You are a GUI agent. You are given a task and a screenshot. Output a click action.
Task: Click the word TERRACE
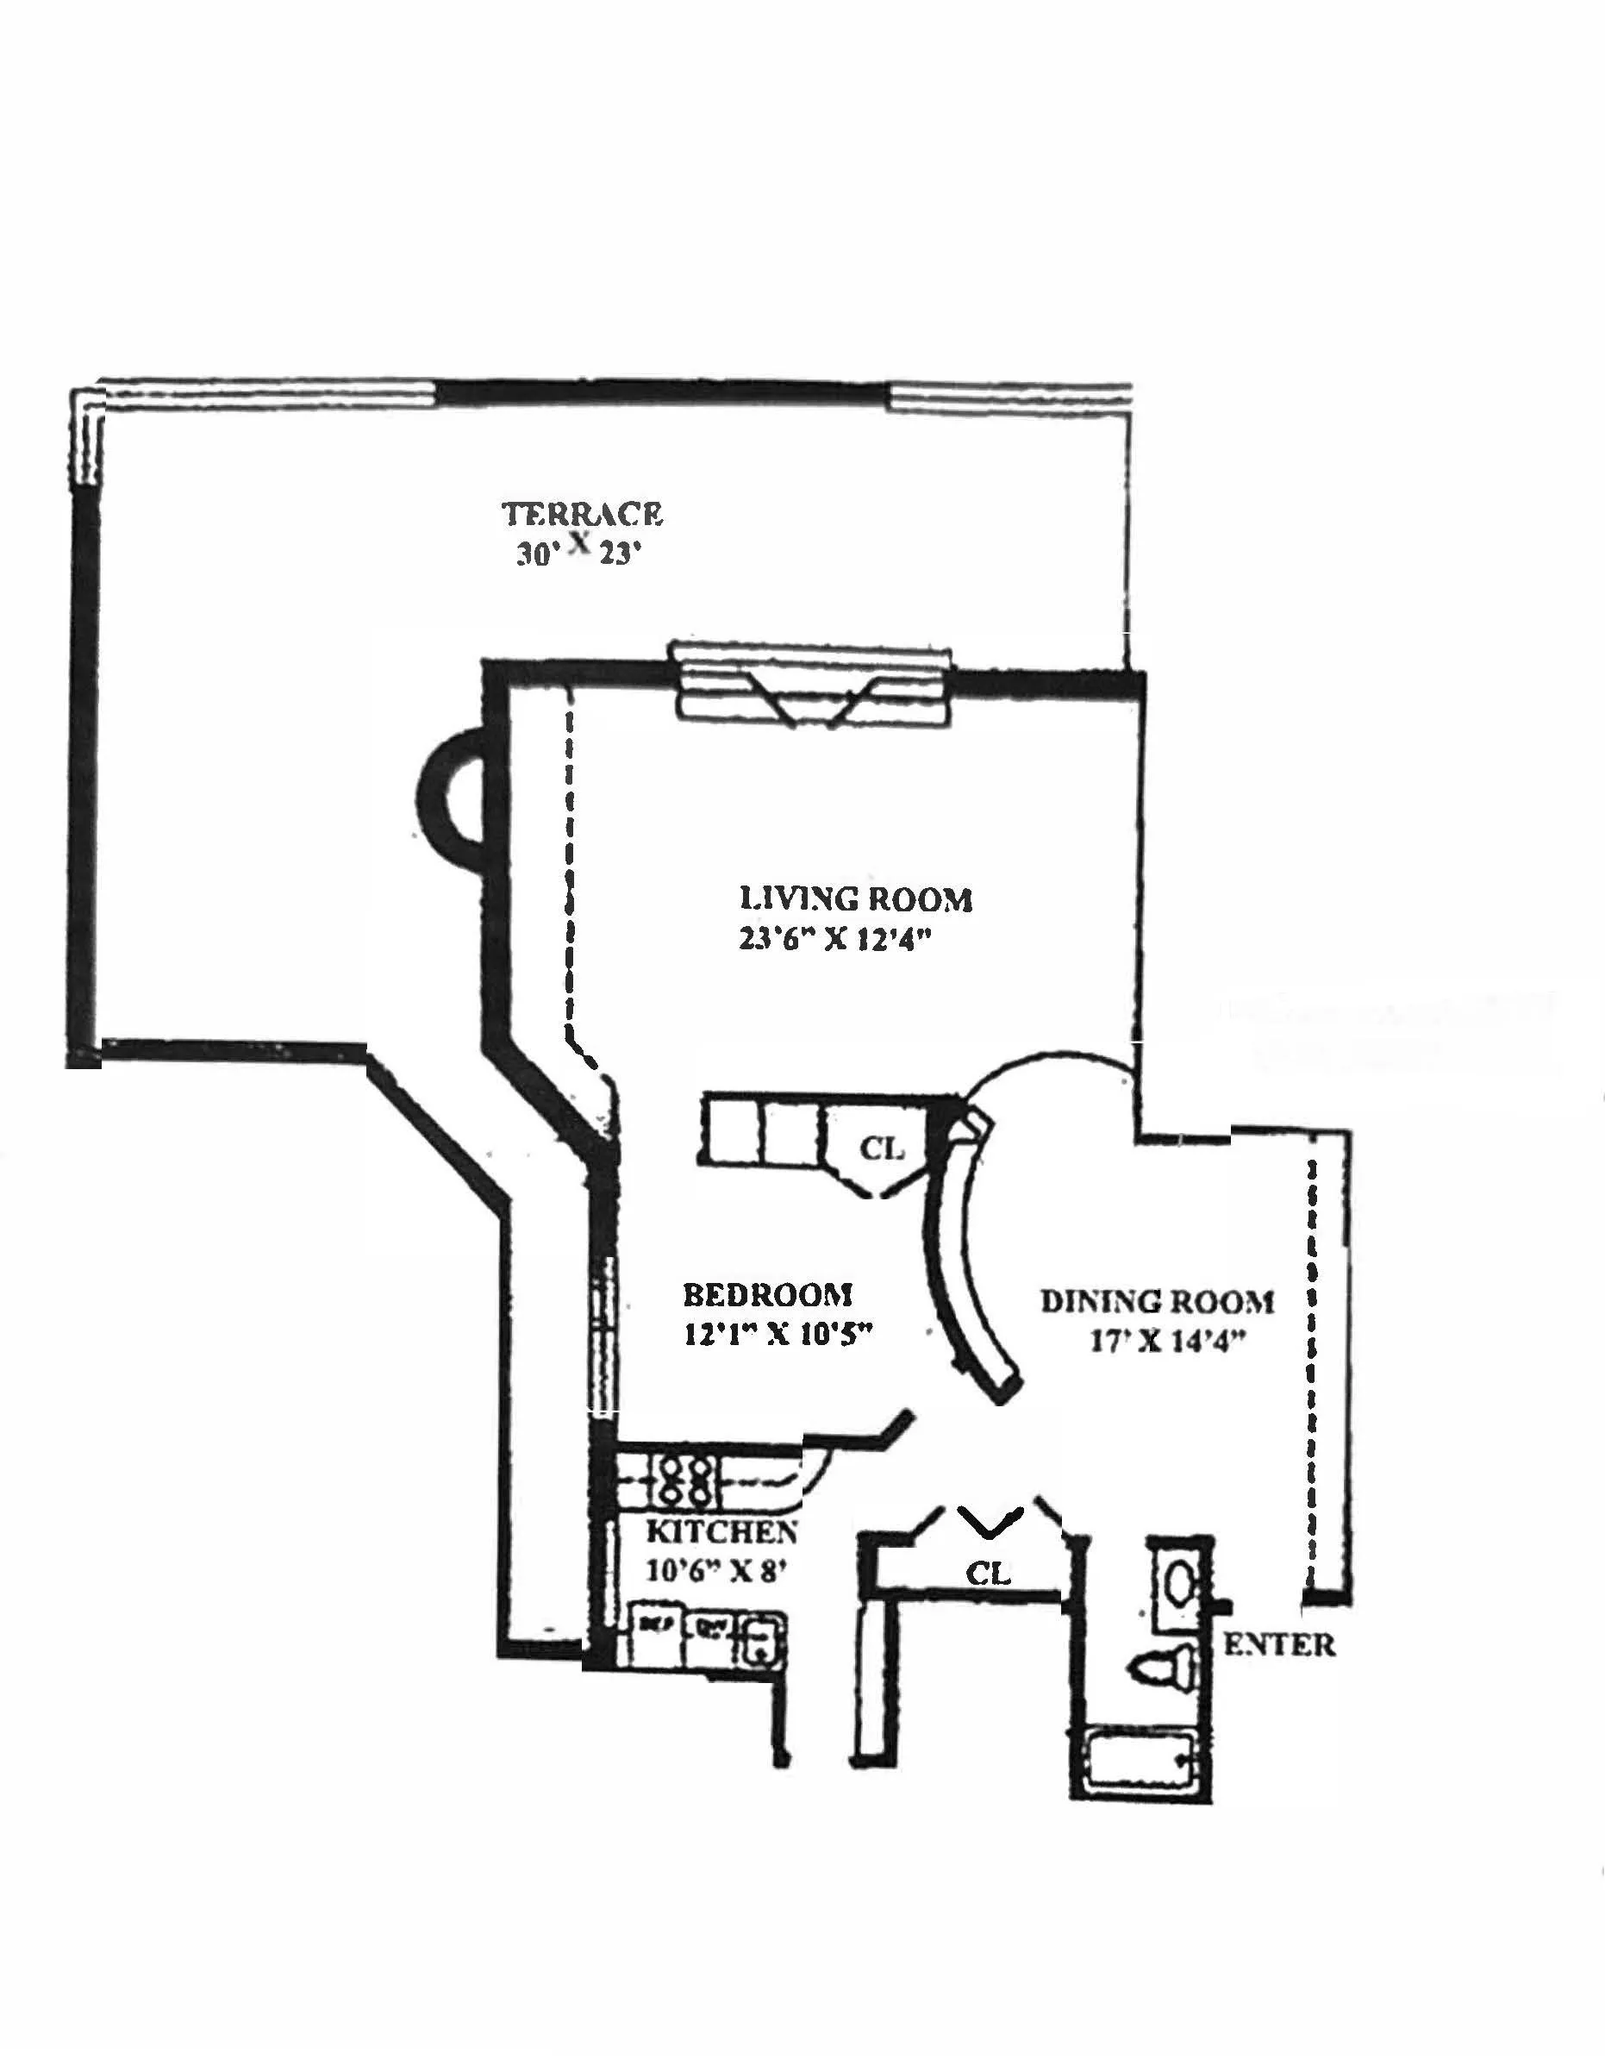[582, 514]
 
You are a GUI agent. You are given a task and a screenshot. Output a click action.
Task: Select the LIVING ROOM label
[855, 898]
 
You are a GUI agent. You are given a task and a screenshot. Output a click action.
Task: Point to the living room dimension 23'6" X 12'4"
[834, 940]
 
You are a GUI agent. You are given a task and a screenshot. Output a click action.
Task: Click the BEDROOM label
[767, 1294]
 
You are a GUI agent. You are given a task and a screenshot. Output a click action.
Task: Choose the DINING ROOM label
[1157, 1302]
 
